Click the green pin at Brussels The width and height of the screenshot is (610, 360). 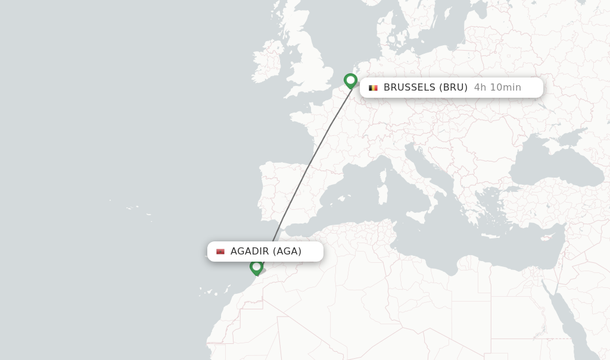point(350,80)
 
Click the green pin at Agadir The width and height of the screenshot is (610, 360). point(256,267)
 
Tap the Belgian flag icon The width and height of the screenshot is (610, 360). point(374,88)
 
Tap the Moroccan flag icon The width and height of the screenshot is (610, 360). point(220,252)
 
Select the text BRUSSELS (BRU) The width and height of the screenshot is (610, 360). point(425,88)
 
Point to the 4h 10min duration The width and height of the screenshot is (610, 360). point(497,88)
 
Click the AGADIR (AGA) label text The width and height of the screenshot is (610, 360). point(266,252)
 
